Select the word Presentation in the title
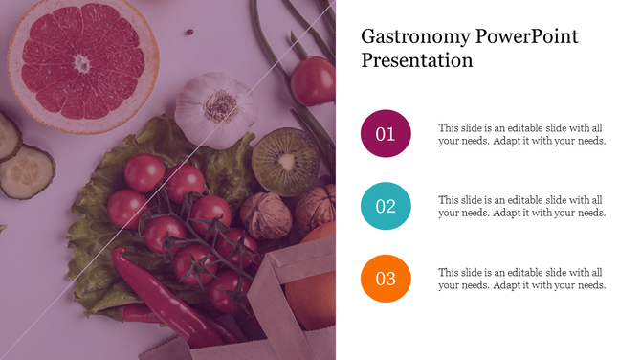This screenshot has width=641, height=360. pos(417,61)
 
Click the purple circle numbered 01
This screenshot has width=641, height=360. pos(386,134)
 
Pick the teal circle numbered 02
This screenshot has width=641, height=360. pos(386,207)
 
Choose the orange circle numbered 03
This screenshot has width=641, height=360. pos(386,280)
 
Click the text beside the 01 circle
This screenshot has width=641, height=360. pos(521,134)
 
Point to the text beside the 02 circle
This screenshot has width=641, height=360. pos(521,207)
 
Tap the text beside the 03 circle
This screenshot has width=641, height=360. pos(521,280)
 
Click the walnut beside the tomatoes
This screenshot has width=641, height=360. pos(265,215)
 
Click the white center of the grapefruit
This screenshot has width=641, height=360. pos(82,63)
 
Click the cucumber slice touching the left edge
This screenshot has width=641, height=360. pos(8,134)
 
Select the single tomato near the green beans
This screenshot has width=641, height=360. pos(313,80)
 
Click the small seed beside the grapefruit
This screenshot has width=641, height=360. pos(189,33)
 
